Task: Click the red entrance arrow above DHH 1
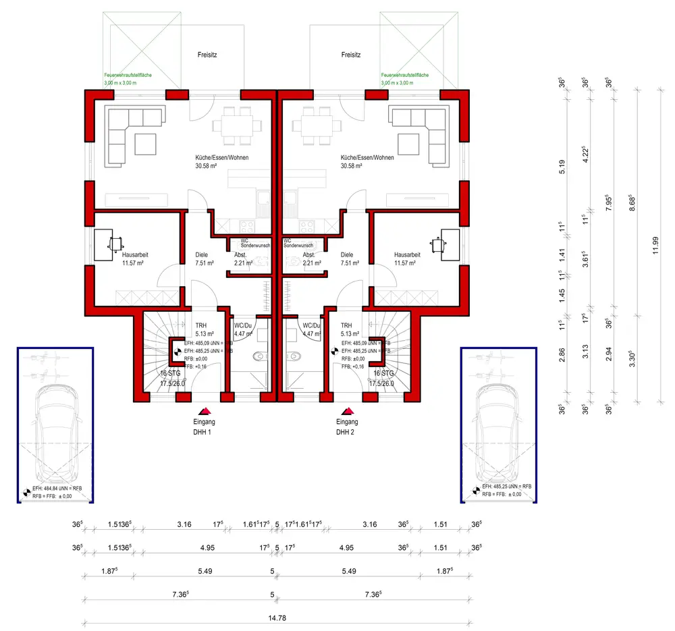point(205,410)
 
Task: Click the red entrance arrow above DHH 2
point(349,410)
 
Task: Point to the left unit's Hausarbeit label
point(135,255)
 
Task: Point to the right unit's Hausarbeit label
point(407,255)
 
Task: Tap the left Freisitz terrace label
point(207,54)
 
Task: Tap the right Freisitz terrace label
point(351,54)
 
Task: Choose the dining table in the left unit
point(237,124)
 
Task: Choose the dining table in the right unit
point(317,124)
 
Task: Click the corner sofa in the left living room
point(131,135)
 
